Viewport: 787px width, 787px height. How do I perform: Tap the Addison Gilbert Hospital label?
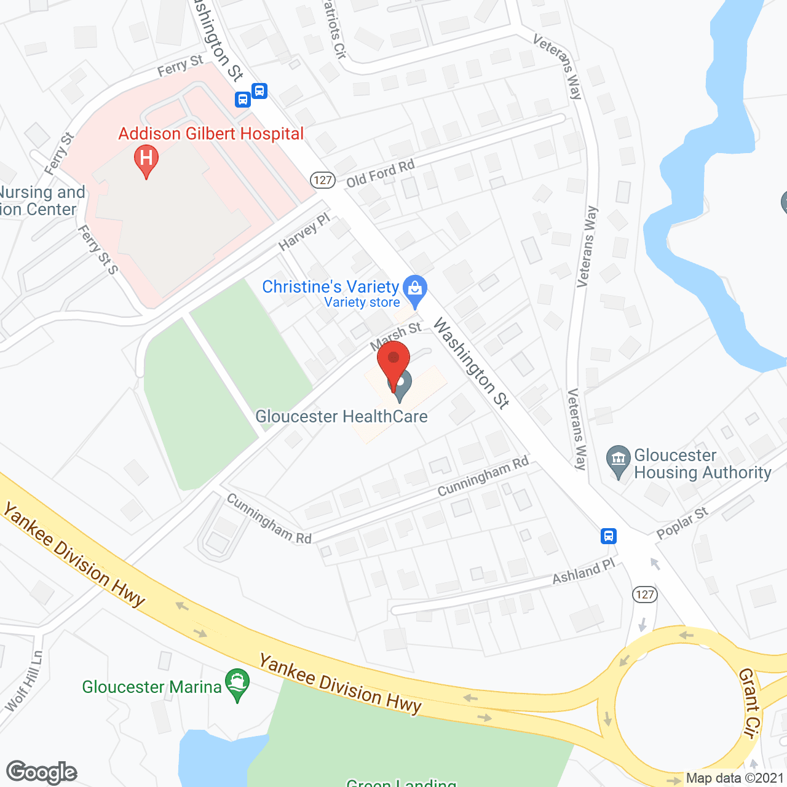(211, 134)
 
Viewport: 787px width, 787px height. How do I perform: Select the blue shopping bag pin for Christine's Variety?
(415, 289)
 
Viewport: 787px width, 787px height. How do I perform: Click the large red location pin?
(393, 362)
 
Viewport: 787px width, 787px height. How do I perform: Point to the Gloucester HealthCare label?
(341, 417)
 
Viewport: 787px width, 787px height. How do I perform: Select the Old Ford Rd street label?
(381, 173)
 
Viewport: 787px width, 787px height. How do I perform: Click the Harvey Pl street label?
(304, 232)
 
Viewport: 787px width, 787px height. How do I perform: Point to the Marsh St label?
(396, 335)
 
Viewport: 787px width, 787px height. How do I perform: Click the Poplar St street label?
(682, 523)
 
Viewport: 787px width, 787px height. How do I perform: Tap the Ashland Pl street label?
(583, 572)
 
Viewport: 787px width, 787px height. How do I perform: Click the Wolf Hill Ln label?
(25, 681)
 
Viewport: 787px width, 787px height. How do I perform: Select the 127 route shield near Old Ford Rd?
(322, 180)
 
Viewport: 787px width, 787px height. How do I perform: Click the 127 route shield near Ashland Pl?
(644, 594)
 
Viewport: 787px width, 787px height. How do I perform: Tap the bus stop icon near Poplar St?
(609, 536)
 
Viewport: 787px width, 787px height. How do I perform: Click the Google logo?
(42, 772)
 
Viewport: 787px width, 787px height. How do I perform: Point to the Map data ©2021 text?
(735, 778)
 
